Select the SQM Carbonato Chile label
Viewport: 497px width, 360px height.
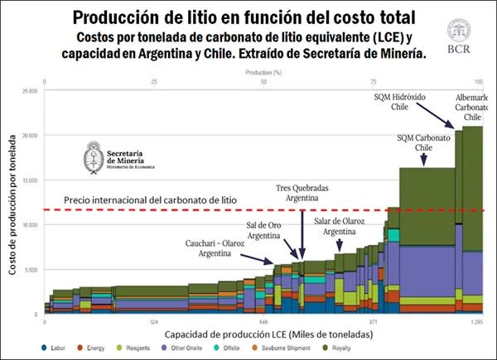(x=423, y=142)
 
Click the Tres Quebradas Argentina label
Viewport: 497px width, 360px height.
(x=302, y=194)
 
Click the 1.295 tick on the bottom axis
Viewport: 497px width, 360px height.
(x=476, y=319)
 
